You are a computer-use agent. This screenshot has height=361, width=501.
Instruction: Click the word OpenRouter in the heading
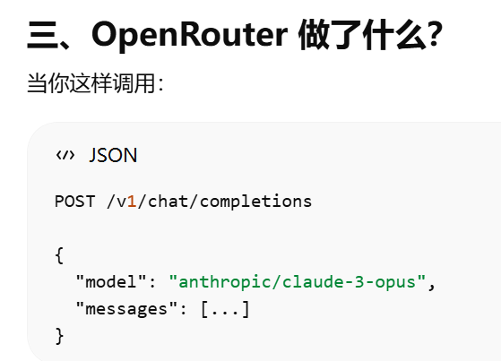(189, 35)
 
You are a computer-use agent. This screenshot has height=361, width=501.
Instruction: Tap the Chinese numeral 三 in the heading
(42, 35)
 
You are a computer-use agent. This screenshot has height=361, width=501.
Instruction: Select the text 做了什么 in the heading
(362, 35)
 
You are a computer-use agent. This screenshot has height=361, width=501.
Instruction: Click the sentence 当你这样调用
(92, 83)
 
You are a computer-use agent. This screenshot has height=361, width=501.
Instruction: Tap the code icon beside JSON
(65, 155)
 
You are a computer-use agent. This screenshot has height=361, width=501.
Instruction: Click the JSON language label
(113, 155)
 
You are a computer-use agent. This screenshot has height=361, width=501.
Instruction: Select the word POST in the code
(74, 202)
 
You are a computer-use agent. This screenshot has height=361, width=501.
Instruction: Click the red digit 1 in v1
(132, 202)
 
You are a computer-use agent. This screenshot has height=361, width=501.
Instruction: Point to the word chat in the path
(168, 202)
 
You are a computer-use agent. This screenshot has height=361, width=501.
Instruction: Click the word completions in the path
(255, 202)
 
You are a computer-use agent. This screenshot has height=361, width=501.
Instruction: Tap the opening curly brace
(59, 255)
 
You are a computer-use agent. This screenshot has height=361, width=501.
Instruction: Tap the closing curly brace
(59, 336)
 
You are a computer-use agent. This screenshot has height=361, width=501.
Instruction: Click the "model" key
(111, 282)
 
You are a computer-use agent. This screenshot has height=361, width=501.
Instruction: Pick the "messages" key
(126, 309)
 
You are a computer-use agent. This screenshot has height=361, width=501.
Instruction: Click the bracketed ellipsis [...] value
(225, 309)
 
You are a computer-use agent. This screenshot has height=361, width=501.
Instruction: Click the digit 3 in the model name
(359, 282)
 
